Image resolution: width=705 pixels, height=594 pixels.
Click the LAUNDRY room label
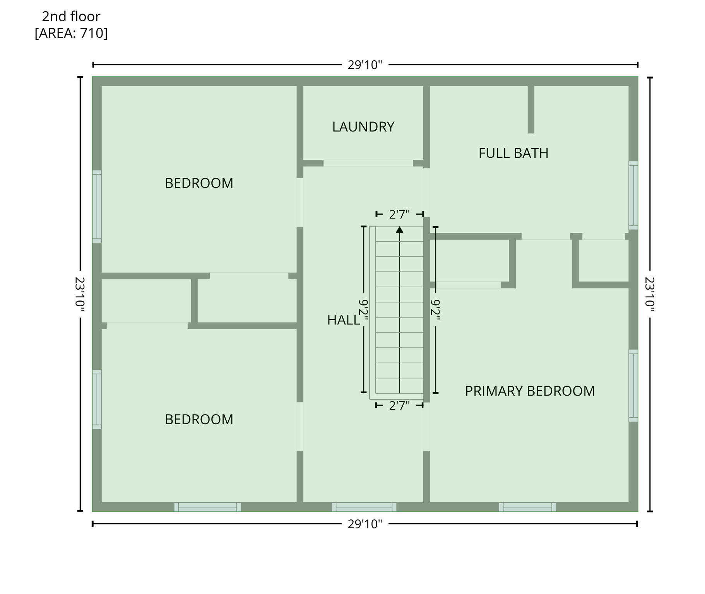pyautogui.click(x=363, y=127)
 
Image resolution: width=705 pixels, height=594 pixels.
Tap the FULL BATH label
pyautogui.click(x=513, y=153)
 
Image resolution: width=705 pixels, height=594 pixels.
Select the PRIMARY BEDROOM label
pyautogui.click(x=529, y=391)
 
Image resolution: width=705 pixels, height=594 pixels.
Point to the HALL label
pyautogui.click(x=343, y=320)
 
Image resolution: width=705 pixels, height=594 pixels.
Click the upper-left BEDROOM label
pyautogui.click(x=199, y=183)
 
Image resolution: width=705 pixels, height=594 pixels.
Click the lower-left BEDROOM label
pyautogui.click(x=199, y=419)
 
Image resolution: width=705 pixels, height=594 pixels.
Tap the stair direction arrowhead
pyautogui.click(x=399, y=230)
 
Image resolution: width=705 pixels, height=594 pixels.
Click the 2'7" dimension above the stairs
pyautogui.click(x=399, y=214)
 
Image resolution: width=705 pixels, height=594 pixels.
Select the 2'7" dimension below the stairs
pyautogui.click(x=399, y=406)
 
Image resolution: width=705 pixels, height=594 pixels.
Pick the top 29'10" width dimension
pyautogui.click(x=364, y=65)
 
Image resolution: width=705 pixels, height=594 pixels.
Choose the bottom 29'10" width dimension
pyautogui.click(x=364, y=524)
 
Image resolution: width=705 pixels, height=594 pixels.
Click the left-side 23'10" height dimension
pyautogui.click(x=80, y=294)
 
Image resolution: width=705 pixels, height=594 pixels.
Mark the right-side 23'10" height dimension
pyautogui.click(x=650, y=294)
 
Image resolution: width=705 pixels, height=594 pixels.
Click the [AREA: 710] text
pyautogui.click(x=71, y=33)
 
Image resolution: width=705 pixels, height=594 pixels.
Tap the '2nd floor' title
pyautogui.click(x=71, y=16)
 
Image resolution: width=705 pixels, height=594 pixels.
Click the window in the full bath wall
pyautogui.click(x=633, y=195)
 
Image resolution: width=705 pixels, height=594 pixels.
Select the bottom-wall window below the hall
pyautogui.click(x=364, y=507)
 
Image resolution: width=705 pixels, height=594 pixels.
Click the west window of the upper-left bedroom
pyautogui.click(x=97, y=207)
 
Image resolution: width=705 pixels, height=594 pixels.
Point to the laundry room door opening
pyautogui.click(x=368, y=163)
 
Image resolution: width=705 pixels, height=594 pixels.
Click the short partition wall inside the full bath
pyautogui.click(x=531, y=109)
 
